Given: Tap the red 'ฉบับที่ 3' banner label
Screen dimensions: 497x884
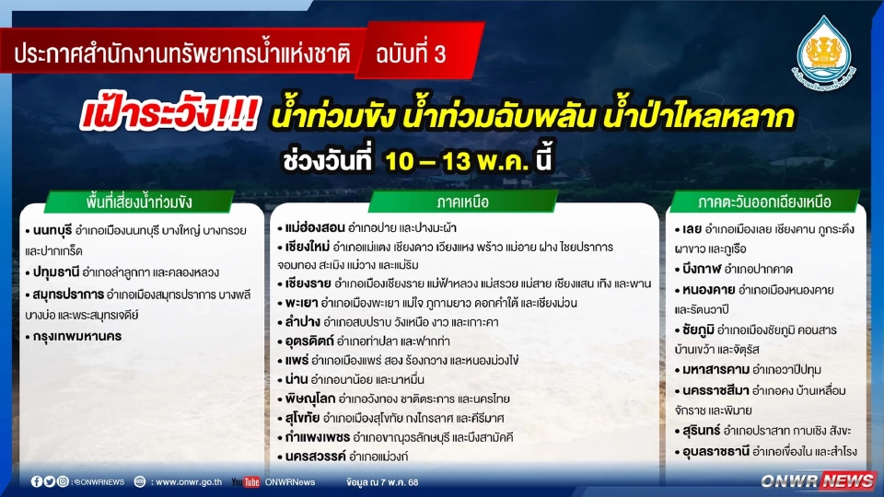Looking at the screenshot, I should [411, 54].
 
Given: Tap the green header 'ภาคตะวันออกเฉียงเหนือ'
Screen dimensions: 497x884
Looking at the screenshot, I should [766, 201].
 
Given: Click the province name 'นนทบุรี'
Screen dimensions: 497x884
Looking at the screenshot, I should [52, 231].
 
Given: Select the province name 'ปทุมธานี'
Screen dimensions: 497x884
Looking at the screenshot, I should [52, 272].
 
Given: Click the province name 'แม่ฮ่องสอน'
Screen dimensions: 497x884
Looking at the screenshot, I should [311, 227].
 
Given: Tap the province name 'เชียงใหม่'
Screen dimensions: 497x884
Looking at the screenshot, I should [306, 248].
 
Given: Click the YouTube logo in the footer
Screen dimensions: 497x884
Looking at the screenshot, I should [245, 481].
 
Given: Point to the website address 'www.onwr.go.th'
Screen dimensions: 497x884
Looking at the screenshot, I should [189, 481].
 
